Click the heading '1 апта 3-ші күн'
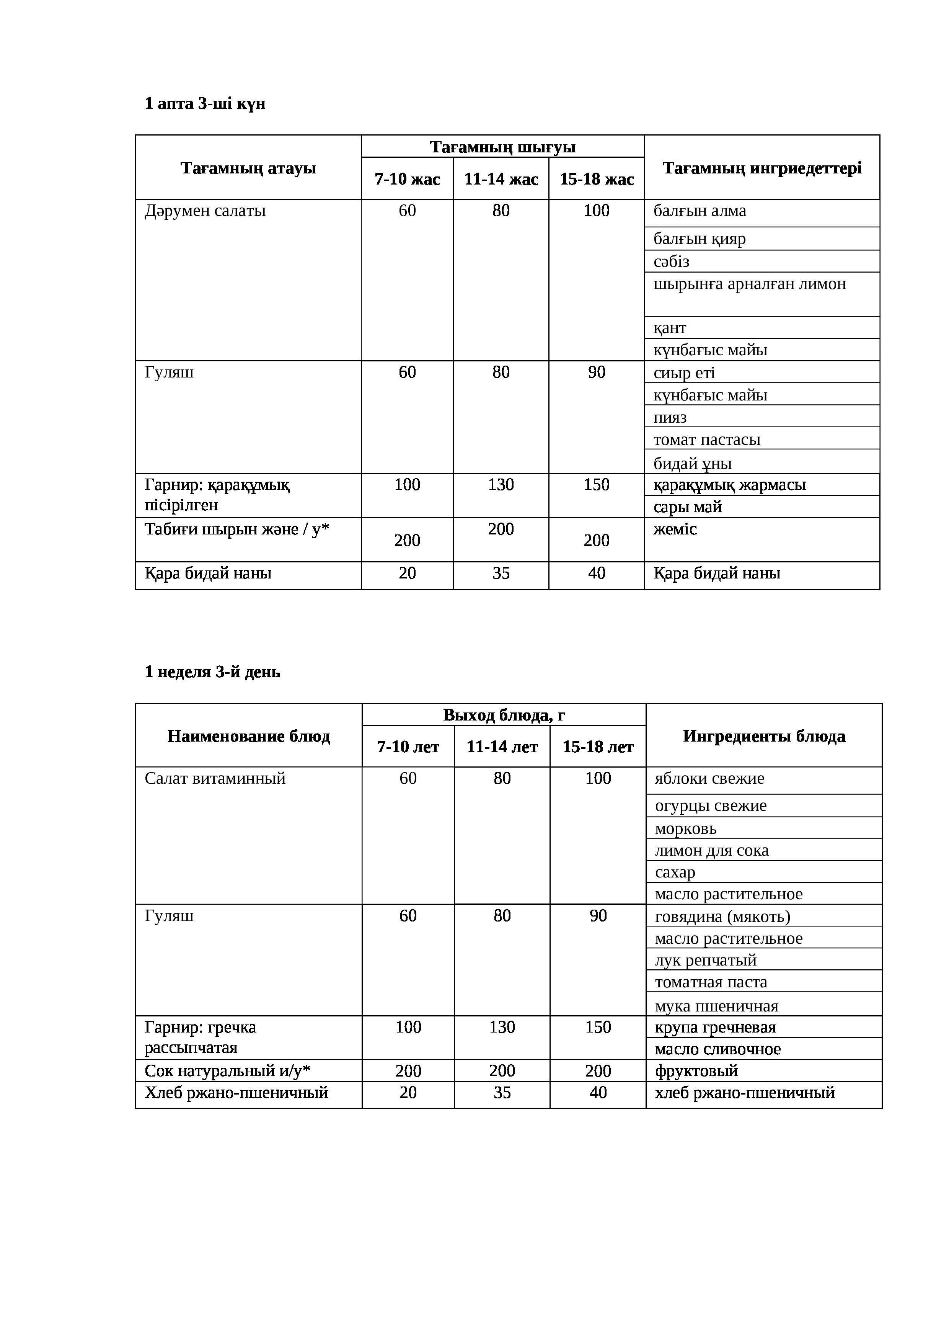pos(205,103)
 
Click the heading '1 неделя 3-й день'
pos(212,672)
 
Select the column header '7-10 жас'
pos(407,179)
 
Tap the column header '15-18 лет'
pos(598,747)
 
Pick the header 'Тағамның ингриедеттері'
pos(762,168)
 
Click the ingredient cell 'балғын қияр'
pos(700,239)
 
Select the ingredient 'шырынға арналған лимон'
pos(750,284)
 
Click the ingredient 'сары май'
pos(688,507)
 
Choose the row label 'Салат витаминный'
pos(215,779)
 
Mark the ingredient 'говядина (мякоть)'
pos(722,917)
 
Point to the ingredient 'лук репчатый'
pos(705,961)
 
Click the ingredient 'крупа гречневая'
pos(714,1028)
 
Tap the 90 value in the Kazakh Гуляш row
pos(597,372)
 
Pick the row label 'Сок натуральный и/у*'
pos(227,1071)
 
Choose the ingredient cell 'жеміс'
pos(675,529)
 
